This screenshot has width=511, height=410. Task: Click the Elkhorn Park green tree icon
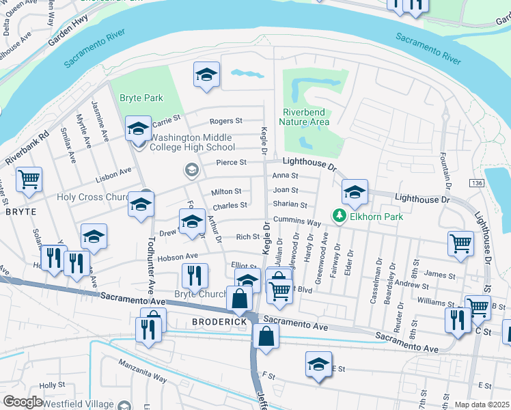pos(338,216)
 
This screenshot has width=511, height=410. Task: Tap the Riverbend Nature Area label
pos(305,117)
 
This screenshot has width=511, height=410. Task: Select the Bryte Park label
pos(141,98)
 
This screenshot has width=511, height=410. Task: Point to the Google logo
pos(23,401)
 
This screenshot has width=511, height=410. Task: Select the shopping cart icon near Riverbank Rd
pos(29,180)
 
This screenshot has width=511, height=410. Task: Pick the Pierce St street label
pos(230,163)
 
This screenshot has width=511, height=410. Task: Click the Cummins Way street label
pos(297,222)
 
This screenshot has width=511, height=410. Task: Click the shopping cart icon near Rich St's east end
pos(461,243)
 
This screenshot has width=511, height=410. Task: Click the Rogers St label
pos(225,121)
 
